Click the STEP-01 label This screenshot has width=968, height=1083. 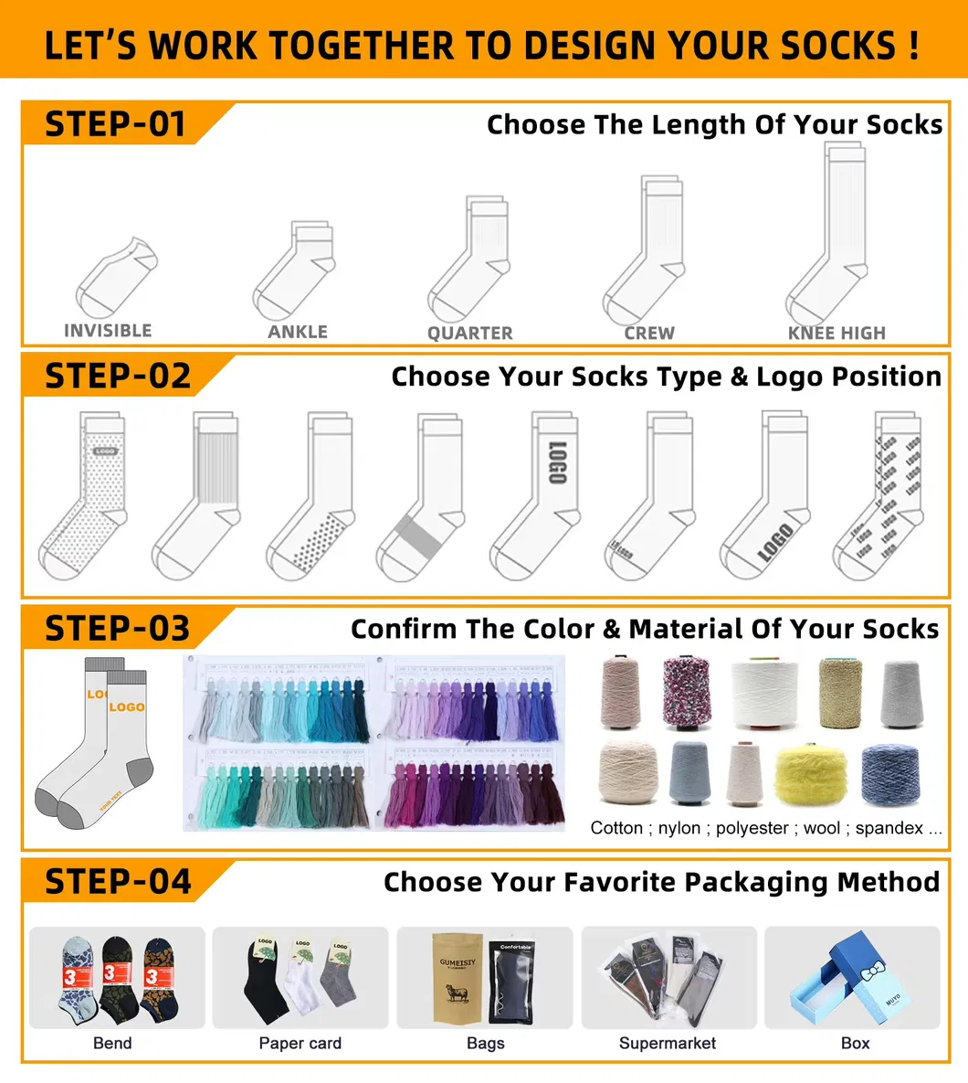[x=115, y=124]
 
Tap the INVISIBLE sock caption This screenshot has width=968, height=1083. [x=108, y=331]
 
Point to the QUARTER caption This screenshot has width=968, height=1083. [x=470, y=334]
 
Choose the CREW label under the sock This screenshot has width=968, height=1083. [x=649, y=334]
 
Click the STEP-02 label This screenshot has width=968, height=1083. [x=118, y=377]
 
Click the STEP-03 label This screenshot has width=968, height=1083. [x=117, y=629]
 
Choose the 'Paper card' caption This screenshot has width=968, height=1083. [x=300, y=1043]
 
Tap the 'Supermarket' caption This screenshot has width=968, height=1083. [x=668, y=1043]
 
